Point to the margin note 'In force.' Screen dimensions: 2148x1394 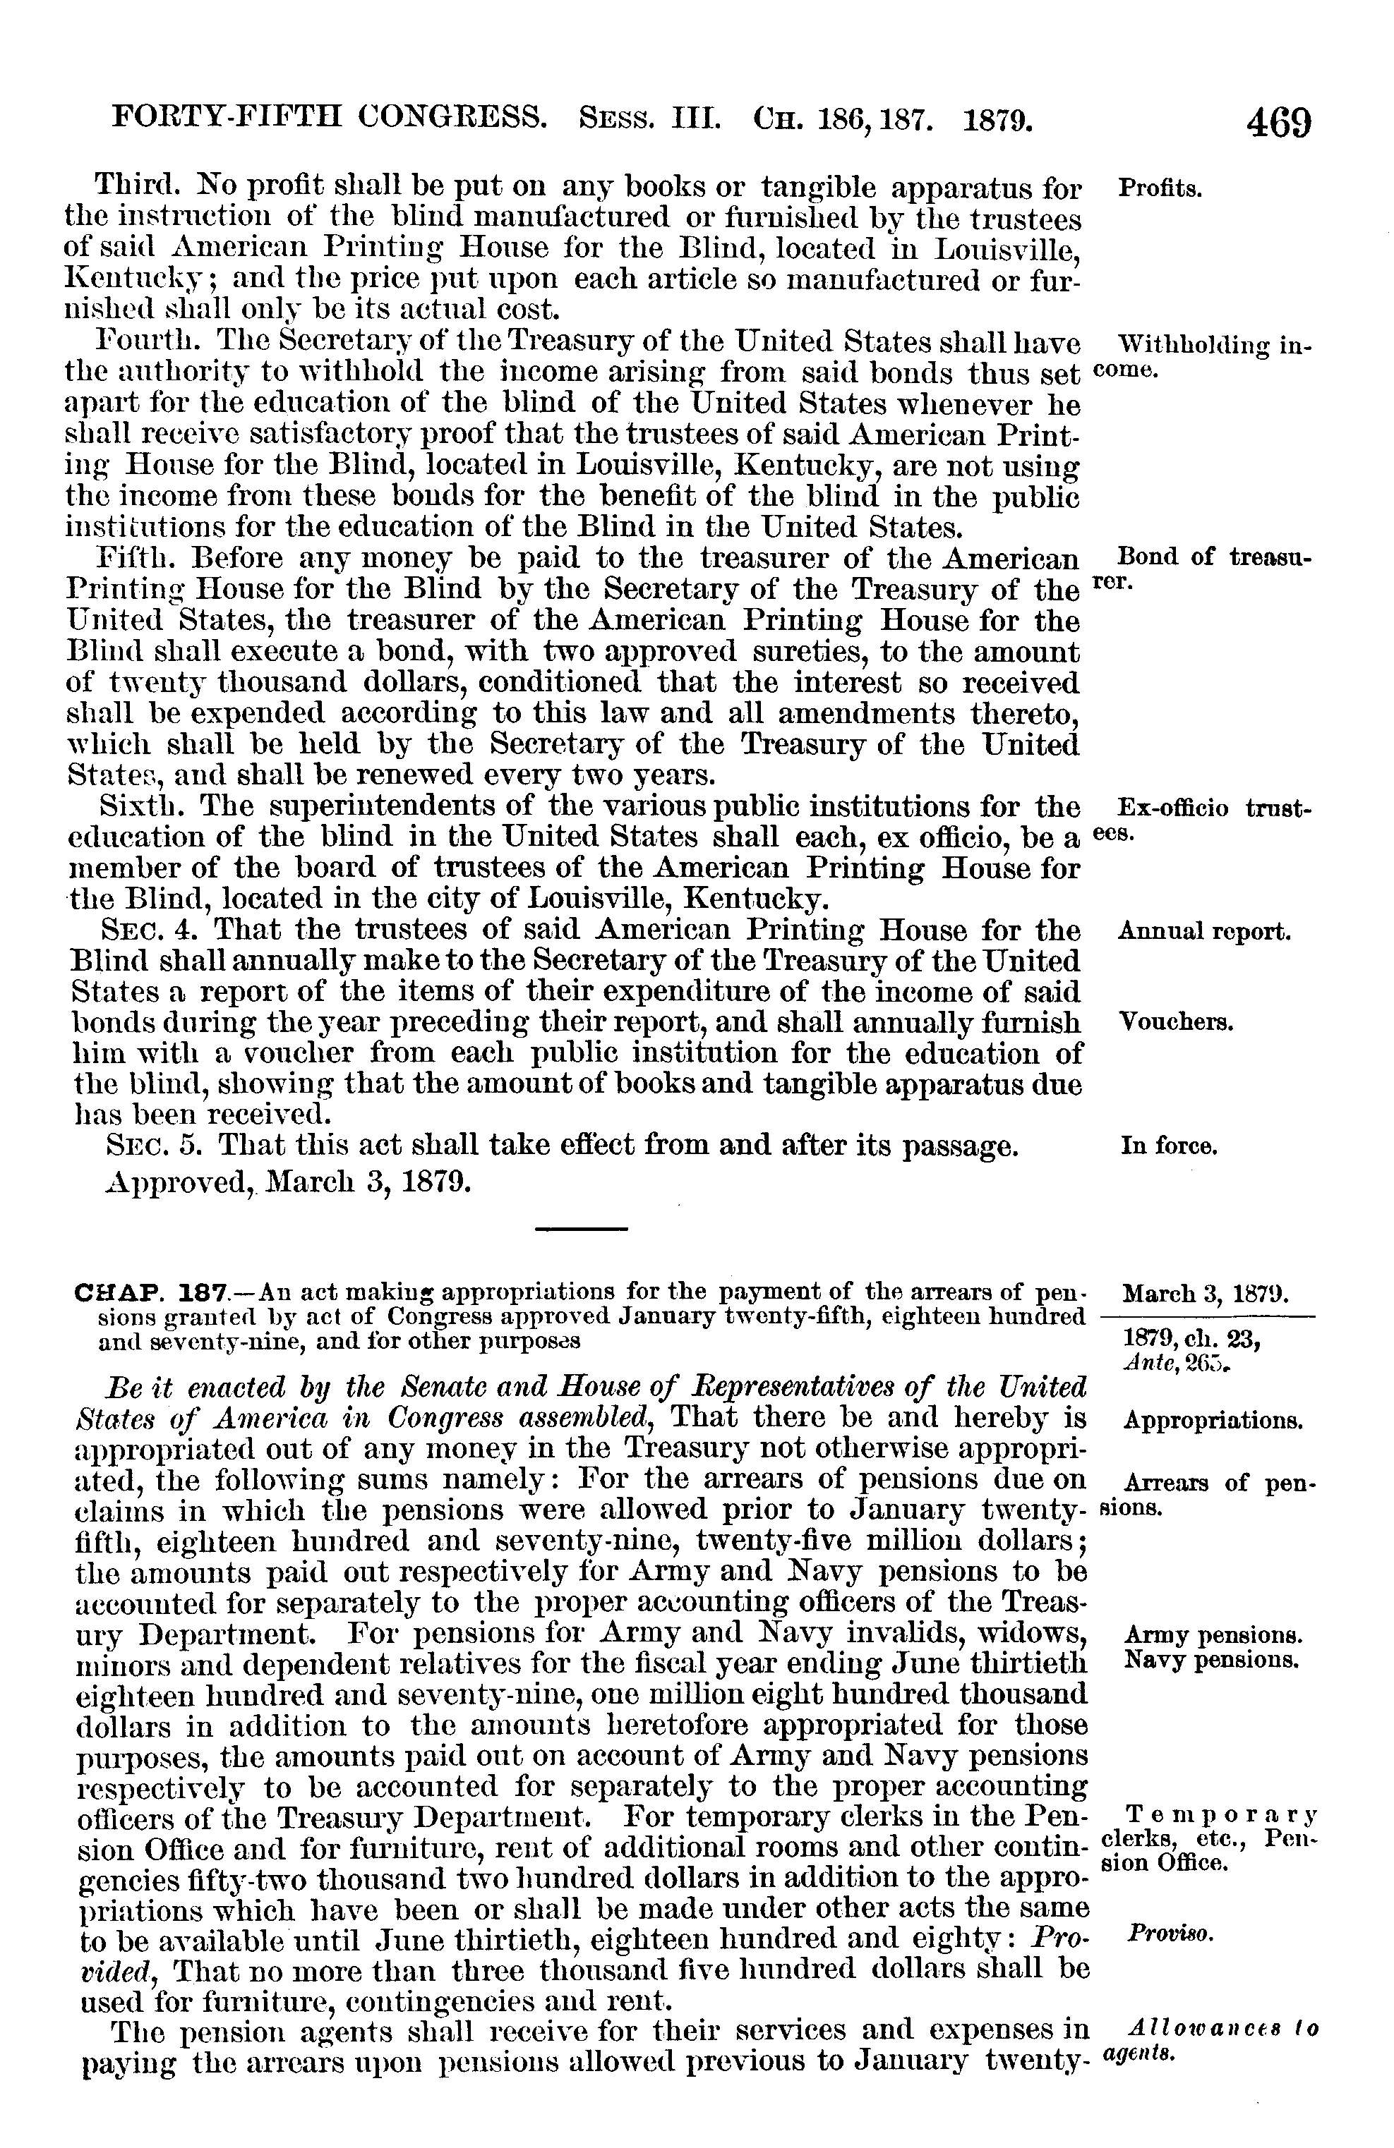1169,1147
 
